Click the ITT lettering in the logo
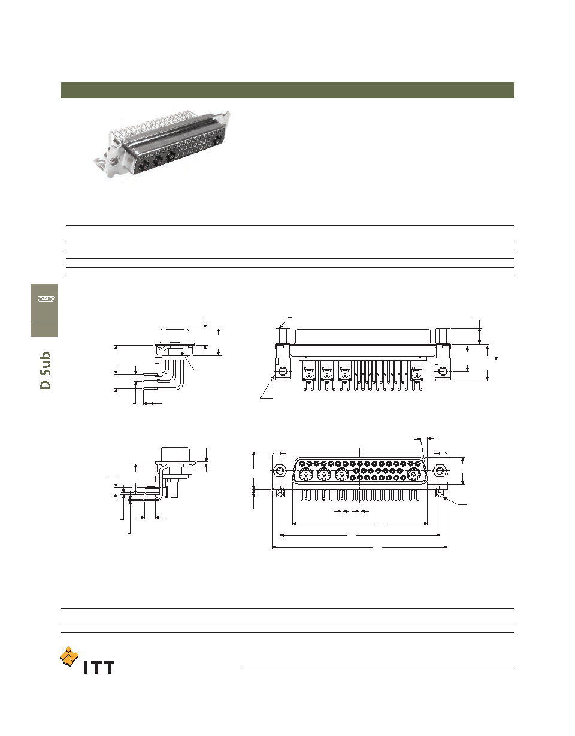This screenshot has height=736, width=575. [x=99, y=667]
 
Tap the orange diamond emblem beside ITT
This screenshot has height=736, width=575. [x=69, y=657]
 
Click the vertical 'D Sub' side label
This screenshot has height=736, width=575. [x=45, y=370]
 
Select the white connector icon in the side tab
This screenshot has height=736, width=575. [x=46, y=299]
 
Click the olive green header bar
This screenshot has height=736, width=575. [x=287, y=90]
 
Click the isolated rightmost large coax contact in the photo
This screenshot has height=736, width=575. [x=217, y=138]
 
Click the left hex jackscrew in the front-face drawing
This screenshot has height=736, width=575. [x=279, y=471]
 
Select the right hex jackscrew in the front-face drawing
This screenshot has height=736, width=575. [x=440, y=471]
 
